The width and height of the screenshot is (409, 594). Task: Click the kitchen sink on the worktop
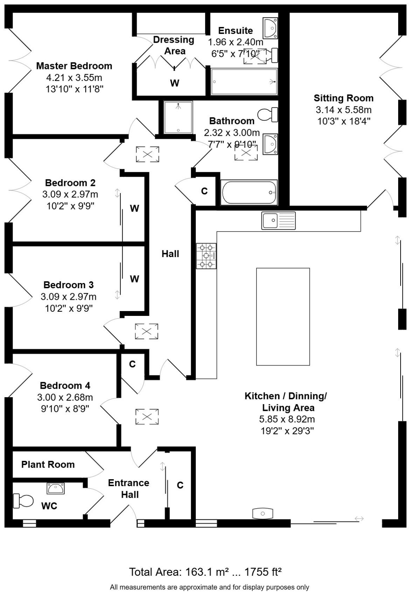(x=278, y=221)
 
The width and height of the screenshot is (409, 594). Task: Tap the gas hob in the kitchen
(x=206, y=256)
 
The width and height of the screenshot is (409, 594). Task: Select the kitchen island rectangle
(x=283, y=317)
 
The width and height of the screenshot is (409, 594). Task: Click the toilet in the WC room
(x=22, y=500)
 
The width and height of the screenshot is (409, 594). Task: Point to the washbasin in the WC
(x=56, y=488)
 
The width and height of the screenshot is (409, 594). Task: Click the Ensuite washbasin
(x=271, y=28)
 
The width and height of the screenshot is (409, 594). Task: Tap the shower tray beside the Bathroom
(x=178, y=117)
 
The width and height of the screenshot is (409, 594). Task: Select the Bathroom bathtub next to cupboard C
(x=249, y=192)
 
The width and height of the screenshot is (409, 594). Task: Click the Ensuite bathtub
(x=244, y=82)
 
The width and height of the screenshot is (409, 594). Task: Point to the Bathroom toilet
(x=268, y=115)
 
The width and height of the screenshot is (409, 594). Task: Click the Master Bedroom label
(x=74, y=66)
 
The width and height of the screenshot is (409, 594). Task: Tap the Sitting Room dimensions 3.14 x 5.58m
(x=343, y=110)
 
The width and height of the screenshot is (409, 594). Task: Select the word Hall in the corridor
(x=170, y=254)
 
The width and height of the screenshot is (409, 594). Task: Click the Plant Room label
(x=48, y=464)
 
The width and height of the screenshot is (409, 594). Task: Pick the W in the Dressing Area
(x=174, y=83)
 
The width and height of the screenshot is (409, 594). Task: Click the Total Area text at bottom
(x=205, y=572)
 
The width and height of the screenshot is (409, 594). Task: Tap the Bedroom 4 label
(x=65, y=386)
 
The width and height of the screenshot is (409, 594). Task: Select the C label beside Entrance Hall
(x=180, y=485)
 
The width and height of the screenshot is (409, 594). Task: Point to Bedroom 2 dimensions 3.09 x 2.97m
(x=70, y=194)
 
